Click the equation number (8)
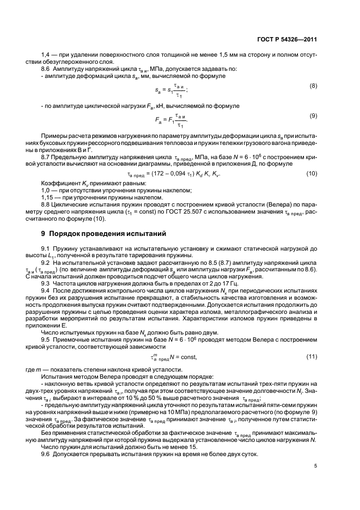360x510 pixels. point(313,87)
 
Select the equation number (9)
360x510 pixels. point(313,116)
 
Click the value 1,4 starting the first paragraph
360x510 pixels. point(46,53)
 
